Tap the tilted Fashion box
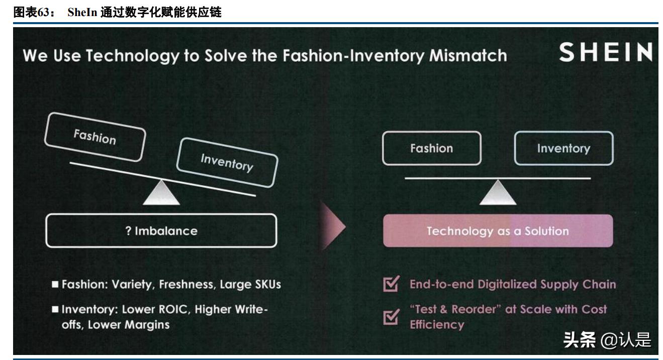94,137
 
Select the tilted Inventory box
227,162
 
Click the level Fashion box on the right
431,148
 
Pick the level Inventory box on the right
563,148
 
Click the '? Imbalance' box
161,231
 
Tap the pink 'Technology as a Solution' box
498,231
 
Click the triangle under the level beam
498,194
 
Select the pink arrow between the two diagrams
333,227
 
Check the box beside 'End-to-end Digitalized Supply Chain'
390,285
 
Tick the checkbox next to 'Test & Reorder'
390,317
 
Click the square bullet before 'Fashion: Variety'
55,285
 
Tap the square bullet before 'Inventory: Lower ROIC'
55,309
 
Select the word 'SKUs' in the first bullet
265,285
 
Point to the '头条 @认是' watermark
607,340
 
